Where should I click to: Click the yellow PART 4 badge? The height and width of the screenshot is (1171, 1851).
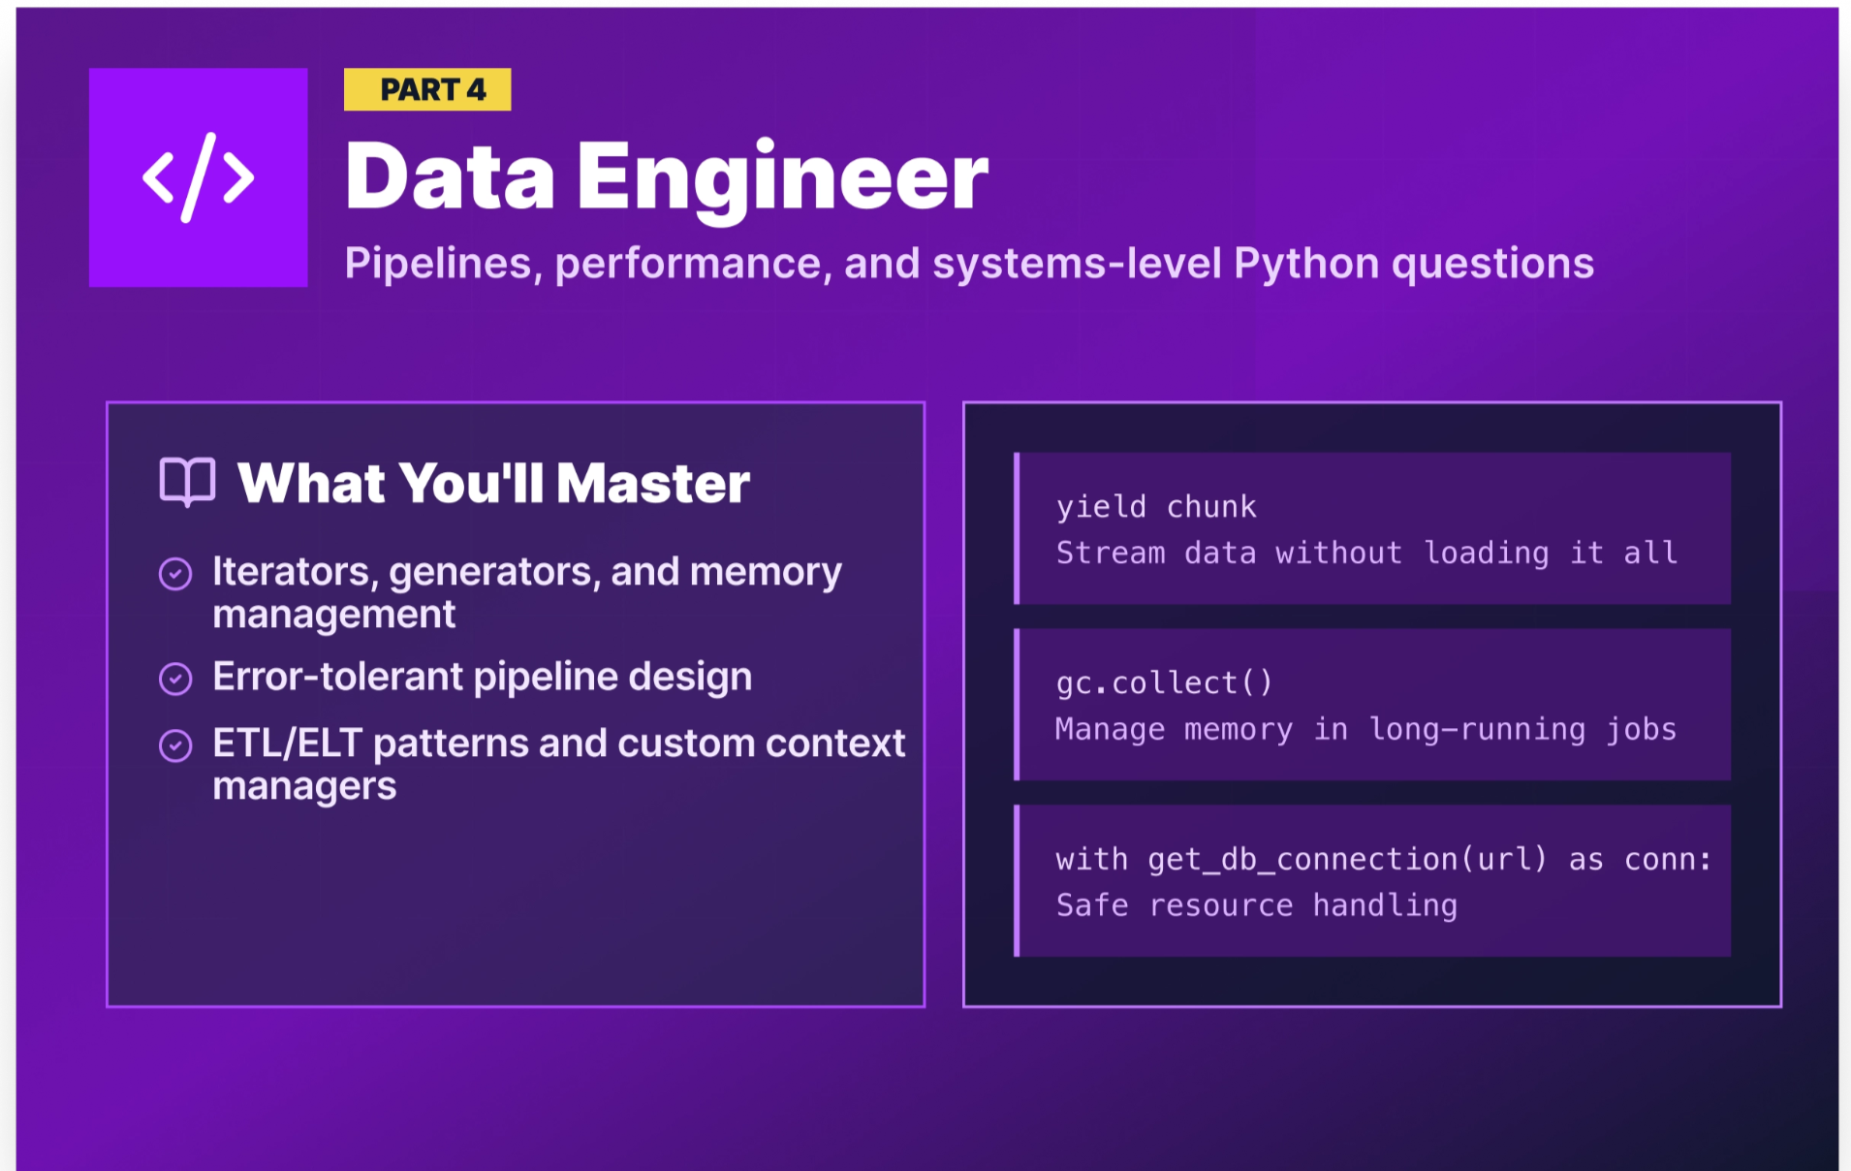(x=427, y=90)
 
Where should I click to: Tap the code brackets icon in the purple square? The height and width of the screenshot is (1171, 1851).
(x=199, y=177)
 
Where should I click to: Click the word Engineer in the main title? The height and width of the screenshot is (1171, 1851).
(x=783, y=178)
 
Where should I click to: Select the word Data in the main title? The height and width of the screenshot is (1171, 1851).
(x=450, y=178)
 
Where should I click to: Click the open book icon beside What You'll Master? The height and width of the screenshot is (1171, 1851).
(x=187, y=482)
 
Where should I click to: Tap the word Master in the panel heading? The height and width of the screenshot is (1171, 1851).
(x=653, y=483)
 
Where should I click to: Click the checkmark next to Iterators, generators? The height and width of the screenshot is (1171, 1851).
(x=175, y=574)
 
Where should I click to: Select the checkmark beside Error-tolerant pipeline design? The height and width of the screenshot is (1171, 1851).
(x=175, y=679)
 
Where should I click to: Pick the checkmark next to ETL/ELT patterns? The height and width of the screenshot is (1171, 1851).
(x=175, y=745)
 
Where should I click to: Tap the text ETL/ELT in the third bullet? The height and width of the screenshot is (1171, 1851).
(x=287, y=744)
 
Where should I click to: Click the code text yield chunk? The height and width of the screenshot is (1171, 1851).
(x=1156, y=507)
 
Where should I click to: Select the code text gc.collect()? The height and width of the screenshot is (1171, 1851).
(x=1164, y=683)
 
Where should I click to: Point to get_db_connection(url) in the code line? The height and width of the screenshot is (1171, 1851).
(x=1347, y=860)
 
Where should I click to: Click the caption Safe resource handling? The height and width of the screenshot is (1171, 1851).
(x=1257, y=906)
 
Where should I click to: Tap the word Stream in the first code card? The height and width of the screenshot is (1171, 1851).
(x=1111, y=554)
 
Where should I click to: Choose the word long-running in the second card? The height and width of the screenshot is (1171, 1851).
(x=1477, y=730)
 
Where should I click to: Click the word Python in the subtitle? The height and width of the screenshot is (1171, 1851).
(x=1306, y=264)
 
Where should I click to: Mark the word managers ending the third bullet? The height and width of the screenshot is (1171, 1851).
(x=304, y=786)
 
